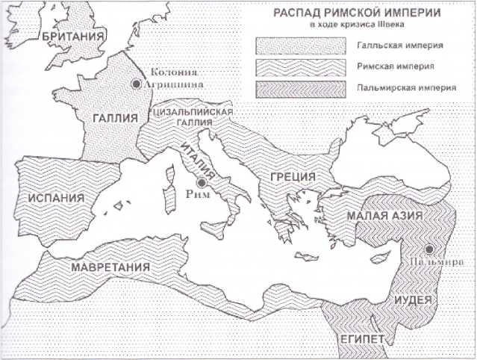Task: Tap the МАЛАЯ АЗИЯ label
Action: (x=385, y=216)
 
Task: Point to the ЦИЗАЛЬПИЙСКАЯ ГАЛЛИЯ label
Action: (x=193, y=117)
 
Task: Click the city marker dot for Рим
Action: (x=201, y=183)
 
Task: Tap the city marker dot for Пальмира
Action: (x=429, y=250)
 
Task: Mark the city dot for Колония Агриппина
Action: (x=136, y=84)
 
